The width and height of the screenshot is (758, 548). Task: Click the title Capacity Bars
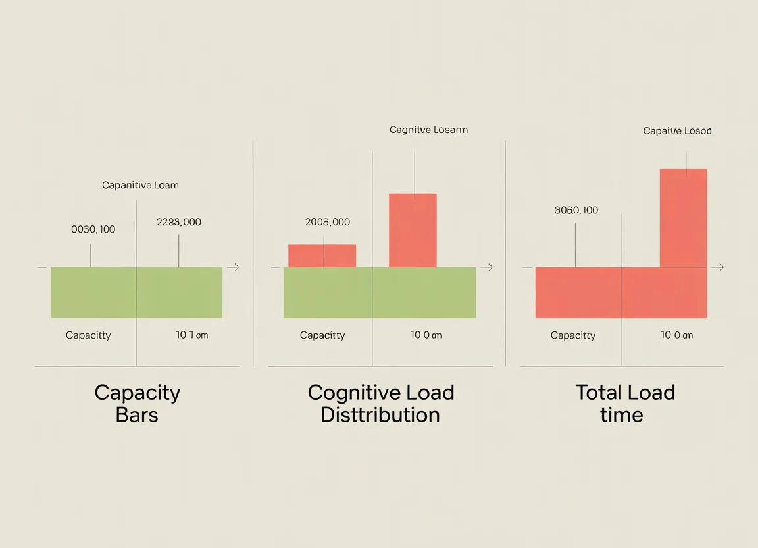pyautogui.click(x=137, y=404)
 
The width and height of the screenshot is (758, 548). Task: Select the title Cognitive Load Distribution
pyautogui.click(x=380, y=404)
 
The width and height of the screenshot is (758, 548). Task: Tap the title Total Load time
pyautogui.click(x=624, y=404)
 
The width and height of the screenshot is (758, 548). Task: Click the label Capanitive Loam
pyautogui.click(x=140, y=185)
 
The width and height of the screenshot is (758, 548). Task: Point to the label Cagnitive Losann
pyautogui.click(x=428, y=130)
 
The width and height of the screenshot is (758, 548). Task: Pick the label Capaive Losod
pyautogui.click(x=677, y=131)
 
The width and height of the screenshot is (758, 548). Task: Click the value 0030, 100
pyautogui.click(x=93, y=229)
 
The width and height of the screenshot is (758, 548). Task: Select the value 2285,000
pyautogui.click(x=179, y=222)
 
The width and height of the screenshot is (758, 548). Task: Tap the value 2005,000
pyautogui.click(x=328, y=222)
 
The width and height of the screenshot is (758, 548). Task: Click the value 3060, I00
pyautogui.click(x=576, y=211)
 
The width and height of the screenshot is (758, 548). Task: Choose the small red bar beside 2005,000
pyautogui.click(x=322, y=256)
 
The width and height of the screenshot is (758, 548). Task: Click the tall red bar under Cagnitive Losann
pyautogui.click(x=413, y=231)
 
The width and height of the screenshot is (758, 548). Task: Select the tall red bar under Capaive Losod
pyautogui.click(x=683, y=217)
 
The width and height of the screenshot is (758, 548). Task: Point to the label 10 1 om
pyautogui.click(x=191, y=335)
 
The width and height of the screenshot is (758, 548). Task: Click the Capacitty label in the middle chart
pyautogui.click(x=322, y=335)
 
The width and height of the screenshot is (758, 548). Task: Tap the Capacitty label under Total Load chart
pyautogui.click(x=573, y=335)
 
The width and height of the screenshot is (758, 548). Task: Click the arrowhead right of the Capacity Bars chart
pyautogui.click(x=234, y=267)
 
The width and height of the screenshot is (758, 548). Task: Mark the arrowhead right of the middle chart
pyautogui.click(x=488, y=267)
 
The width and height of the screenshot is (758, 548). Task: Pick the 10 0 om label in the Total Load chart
pyautogui.click(x=676, y=335)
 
